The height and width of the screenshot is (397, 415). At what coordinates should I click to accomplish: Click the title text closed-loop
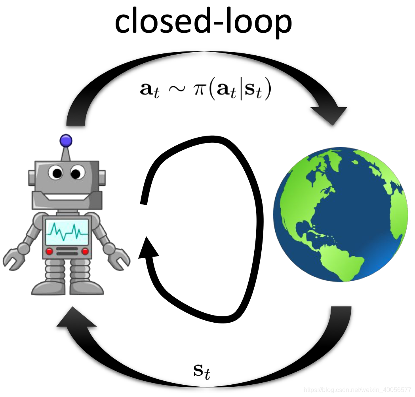tap(203, 23)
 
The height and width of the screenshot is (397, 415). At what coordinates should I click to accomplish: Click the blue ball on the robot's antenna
tap(66, 140)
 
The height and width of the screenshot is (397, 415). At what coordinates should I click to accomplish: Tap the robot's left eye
tap(57, 173)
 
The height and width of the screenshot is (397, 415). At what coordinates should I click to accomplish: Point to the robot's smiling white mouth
tap(66, 195)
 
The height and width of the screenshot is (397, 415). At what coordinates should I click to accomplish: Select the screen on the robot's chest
tap(67, 232)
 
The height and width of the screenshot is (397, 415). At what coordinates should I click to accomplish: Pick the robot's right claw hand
tap(119, 259)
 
